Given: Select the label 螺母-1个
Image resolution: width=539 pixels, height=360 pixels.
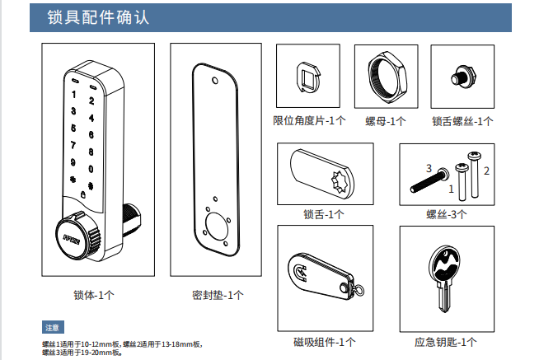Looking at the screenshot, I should [386, 121].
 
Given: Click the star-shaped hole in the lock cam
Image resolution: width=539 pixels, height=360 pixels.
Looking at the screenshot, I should [339, 178].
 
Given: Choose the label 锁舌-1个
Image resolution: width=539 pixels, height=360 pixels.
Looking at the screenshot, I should [323, 215].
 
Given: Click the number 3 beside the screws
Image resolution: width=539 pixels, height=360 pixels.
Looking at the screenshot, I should [429, 168].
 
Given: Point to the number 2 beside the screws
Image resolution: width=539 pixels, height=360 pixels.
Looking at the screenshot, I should [486, 171].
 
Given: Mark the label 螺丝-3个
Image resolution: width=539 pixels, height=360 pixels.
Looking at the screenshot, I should [446, 215].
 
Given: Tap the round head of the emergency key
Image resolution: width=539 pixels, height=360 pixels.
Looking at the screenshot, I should [443, 264].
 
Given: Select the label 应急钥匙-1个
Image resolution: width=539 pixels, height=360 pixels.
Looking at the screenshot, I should [445, 341].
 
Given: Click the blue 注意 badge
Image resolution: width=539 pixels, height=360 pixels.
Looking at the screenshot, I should [54, 327].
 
